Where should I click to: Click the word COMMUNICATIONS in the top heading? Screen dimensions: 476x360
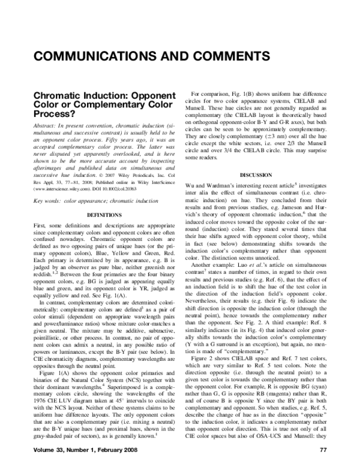[96, 58]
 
